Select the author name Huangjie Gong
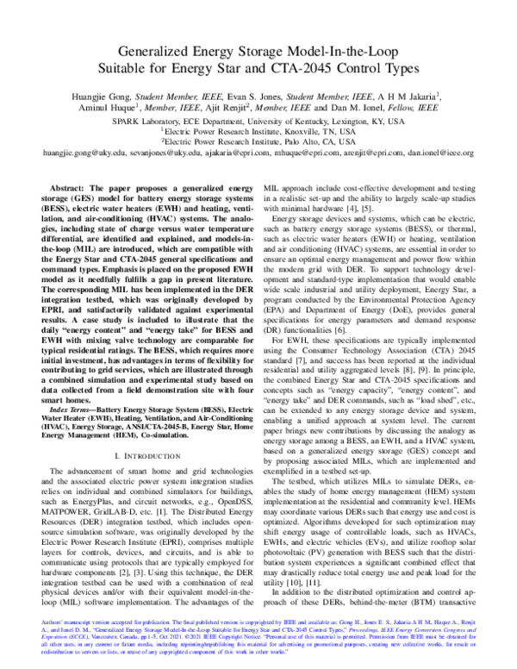[x=121, y=97]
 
